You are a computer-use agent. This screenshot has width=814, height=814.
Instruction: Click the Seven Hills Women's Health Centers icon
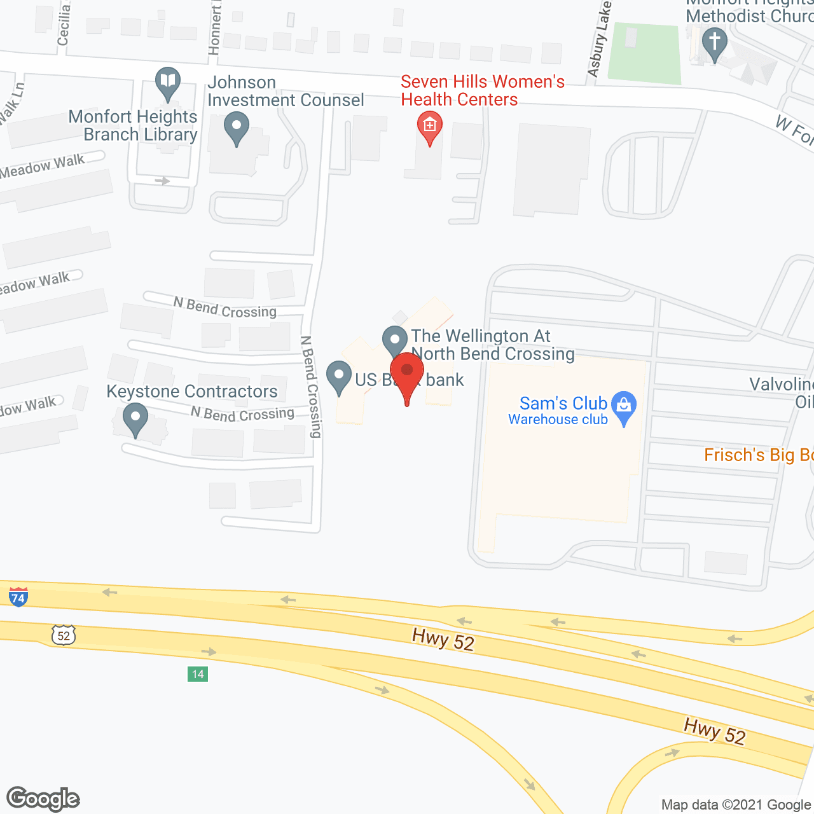tap(430, 127)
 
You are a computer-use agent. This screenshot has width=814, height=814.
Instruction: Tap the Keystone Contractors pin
tap(135, 418)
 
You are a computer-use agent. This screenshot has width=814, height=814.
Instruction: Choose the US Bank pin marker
tap(339, 376)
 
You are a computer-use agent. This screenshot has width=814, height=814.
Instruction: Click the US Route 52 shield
tap(64, 635)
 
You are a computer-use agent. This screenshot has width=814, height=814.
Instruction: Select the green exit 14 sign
tap(198, 674)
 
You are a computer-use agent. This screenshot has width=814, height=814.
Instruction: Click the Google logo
tap(43, 799)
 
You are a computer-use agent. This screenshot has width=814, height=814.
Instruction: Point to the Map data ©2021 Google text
tap(736, 805)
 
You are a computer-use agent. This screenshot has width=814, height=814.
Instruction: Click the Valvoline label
tap(781, 385)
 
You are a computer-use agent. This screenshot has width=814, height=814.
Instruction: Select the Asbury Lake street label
tap(599, 39)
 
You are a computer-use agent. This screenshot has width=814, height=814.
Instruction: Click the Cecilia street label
tap(63, 24)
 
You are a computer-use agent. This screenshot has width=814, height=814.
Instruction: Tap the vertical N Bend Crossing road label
tap(311, 387)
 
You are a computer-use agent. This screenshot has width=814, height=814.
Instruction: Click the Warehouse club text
tap(558, 420)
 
